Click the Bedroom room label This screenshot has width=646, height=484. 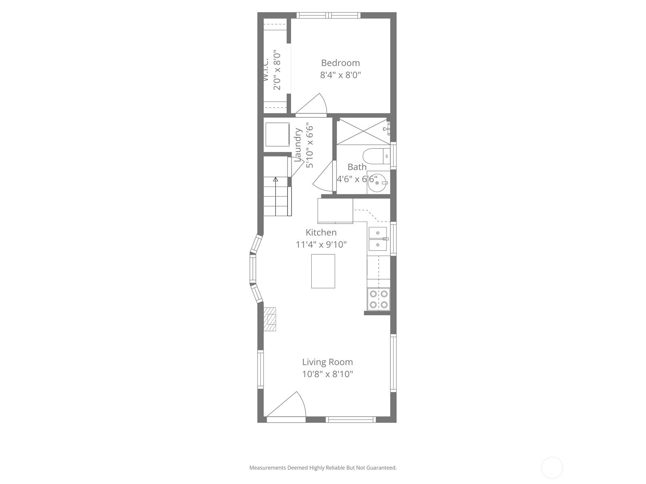(x=340, y=63)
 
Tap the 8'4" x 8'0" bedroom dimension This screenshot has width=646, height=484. (x=340, y=75)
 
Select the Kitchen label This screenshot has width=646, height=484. (x=321, y=232)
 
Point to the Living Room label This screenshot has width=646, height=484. (x=327, y=362)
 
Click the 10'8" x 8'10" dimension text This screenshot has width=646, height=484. (x=327, y=374)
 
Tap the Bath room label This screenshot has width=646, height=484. (x=357, y=167)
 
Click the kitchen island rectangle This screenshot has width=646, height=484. (x=323, y=271)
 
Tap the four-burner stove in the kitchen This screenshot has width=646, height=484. (x=379, y=299)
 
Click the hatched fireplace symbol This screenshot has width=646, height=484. (x=270, y=319)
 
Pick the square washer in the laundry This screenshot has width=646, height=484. (x=277, y=134)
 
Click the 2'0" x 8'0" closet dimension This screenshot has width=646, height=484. (x=277, y=70)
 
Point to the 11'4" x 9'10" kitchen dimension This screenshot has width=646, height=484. (x=321, y=245)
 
